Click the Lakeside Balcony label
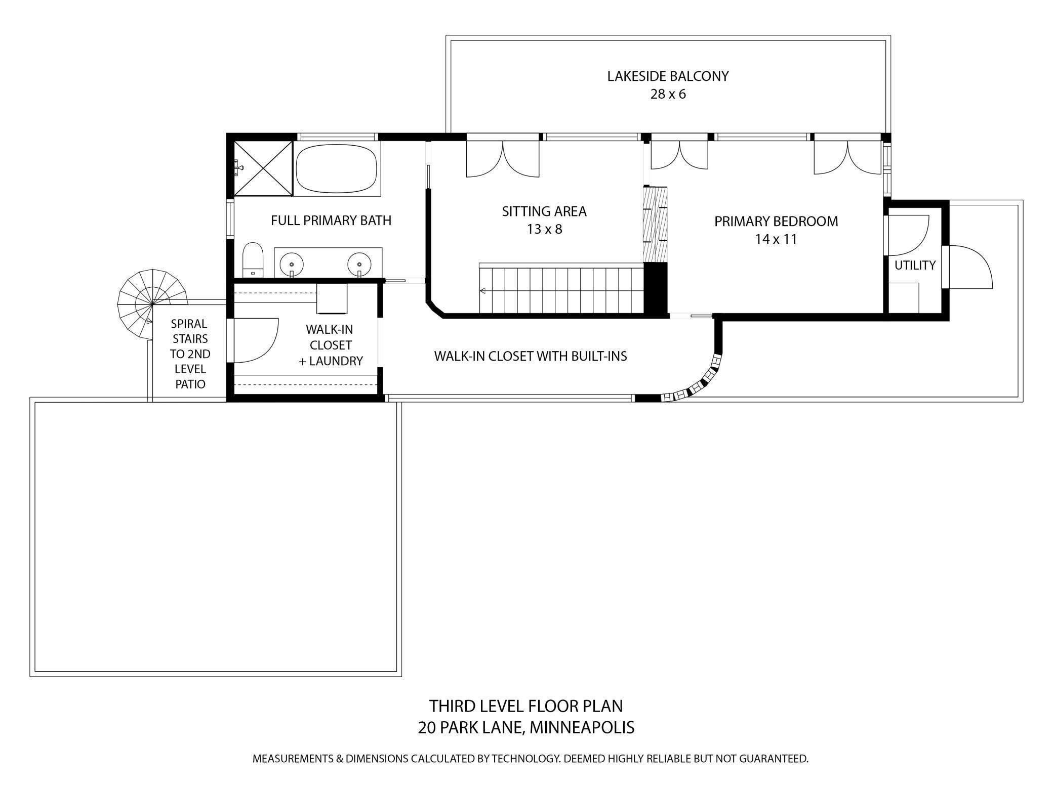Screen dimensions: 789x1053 point(668,76)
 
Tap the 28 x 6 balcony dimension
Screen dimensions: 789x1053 point(668,95)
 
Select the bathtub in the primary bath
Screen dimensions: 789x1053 point(337,169)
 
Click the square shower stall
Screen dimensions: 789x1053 point(263,168)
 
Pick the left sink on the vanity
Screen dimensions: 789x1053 point(292,264)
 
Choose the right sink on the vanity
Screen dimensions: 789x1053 point(359,264)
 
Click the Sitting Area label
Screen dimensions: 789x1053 point(544,211)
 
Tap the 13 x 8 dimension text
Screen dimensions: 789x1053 point(544,230)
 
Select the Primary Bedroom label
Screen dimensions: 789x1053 point(776,222)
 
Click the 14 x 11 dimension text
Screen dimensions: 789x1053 point(776,239)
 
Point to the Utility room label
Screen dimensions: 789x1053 point(915,265)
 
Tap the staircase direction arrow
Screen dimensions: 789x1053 point(483,291)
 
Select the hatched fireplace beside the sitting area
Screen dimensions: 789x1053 point(655,224)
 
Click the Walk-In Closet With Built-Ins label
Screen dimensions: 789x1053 point(531,356)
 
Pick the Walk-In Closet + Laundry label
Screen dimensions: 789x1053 point(330,345)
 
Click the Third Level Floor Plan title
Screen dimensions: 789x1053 point(526,706)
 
